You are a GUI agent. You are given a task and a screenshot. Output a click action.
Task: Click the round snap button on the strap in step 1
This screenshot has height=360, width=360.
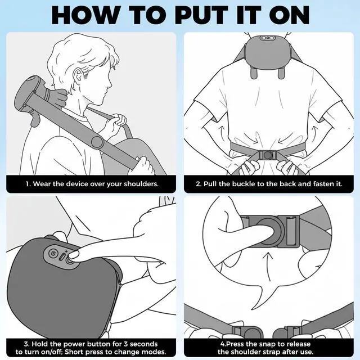(x=97, y=142)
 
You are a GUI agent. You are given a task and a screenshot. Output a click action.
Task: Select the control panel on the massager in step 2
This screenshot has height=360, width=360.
(x=267, y=38)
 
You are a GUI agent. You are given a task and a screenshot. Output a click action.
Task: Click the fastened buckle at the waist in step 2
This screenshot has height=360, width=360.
(x=268, y=155)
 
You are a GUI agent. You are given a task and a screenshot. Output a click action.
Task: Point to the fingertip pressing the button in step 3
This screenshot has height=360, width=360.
(x=74, y=255)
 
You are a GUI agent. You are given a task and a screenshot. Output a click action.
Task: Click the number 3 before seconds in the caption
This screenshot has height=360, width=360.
(x=125, y=344)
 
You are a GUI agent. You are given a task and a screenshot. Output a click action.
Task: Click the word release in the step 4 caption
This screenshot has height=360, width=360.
(x=298, y=344)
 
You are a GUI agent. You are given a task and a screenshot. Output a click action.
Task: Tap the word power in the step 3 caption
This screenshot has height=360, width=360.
(x=74, y=344)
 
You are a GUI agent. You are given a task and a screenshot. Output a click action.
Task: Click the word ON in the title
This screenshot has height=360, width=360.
(x=289, y=15)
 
